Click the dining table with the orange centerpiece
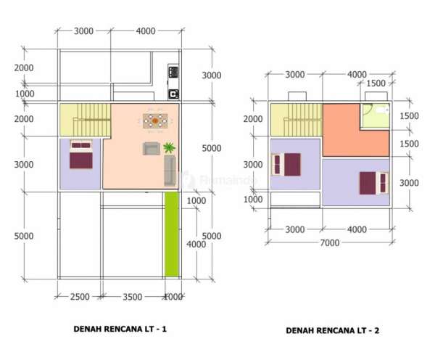155,120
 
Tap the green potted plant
169,147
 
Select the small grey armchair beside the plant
152,148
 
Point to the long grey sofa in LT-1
170,171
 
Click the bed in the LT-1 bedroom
81,155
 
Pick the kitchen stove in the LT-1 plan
173,73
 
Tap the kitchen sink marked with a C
173,94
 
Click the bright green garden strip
172,234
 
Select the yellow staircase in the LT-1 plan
86,120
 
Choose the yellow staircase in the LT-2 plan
297,120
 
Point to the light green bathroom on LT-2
375,116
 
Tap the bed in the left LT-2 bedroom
286,165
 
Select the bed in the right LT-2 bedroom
373,183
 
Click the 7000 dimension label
330,242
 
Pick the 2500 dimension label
80,297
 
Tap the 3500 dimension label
133,297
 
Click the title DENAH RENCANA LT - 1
120,329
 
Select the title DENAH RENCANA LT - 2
332,330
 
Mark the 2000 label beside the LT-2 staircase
253,119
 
